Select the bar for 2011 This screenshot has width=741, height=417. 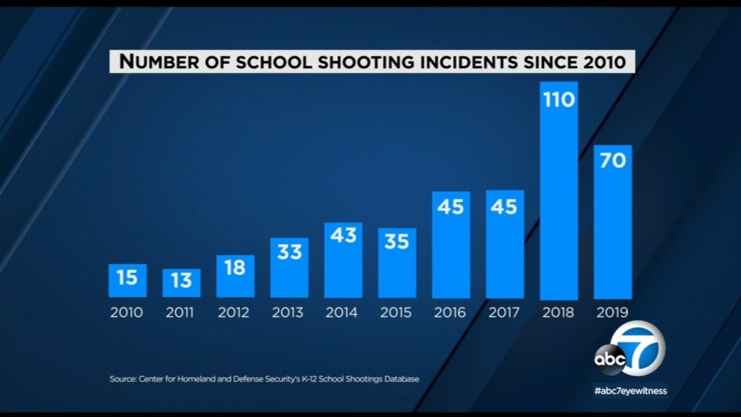[181, 283]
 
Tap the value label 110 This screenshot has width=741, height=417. [559, 98]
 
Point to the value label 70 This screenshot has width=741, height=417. [613, 161]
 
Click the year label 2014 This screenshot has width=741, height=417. [343, 313]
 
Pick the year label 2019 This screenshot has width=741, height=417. [613, 313]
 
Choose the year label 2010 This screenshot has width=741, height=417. [127, 313]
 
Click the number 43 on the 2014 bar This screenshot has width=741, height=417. [343, 235]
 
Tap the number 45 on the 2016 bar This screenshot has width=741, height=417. [451, 206]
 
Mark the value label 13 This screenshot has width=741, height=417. [181, 280]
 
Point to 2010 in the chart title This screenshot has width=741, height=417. [602, 62]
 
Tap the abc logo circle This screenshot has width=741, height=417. [606, 358]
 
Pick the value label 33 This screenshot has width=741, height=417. [289, 251]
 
